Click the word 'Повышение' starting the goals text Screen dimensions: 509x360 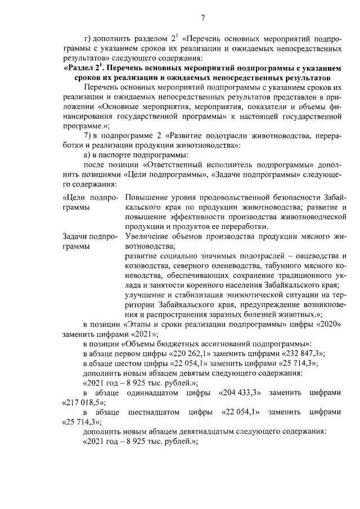point(147,197)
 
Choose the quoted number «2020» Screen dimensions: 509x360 point(326,326)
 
